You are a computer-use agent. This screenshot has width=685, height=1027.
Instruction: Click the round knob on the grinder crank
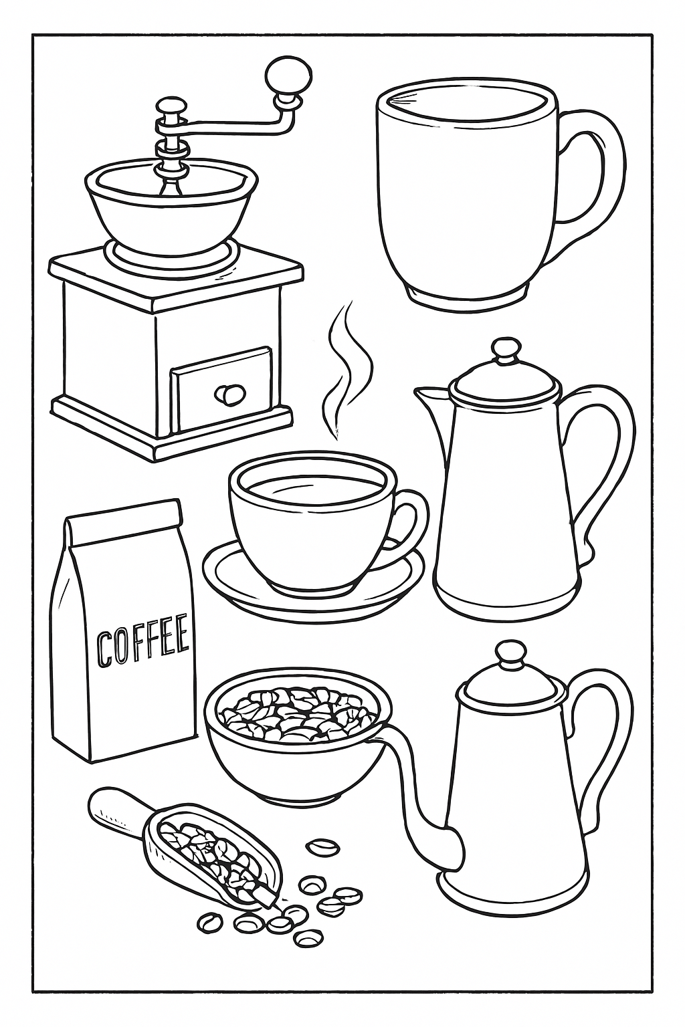point(288,73)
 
